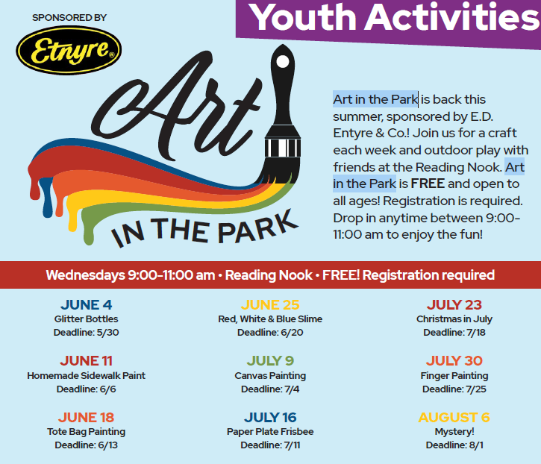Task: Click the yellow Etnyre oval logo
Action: (69, 50)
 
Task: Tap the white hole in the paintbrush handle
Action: (283, 62)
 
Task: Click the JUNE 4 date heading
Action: (87, 304)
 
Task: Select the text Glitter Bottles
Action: (87, 319)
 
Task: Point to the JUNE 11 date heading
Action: (87, 361)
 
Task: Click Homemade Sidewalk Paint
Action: (87, 375)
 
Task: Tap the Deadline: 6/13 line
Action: (87, 445)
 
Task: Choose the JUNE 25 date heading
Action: (270, 304)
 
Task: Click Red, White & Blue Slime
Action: (270, 319)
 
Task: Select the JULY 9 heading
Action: (270, 361)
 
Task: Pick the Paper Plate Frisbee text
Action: (270, 432)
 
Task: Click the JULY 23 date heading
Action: (454, 304)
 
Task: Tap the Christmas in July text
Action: (454, 319)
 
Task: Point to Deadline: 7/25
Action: (454, 389)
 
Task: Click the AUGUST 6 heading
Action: (454, 418)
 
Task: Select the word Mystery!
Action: (454, 432)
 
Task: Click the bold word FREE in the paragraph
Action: (428, 184)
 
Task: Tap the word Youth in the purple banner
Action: (303, 17)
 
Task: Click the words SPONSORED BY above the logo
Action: (69, 18)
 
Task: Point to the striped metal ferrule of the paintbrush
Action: (283, 148)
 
